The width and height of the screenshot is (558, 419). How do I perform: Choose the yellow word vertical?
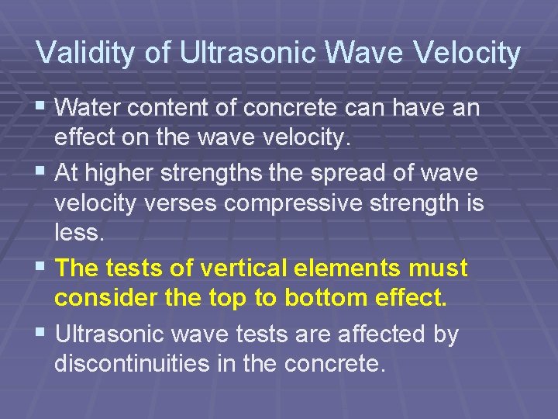click(238, 268)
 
